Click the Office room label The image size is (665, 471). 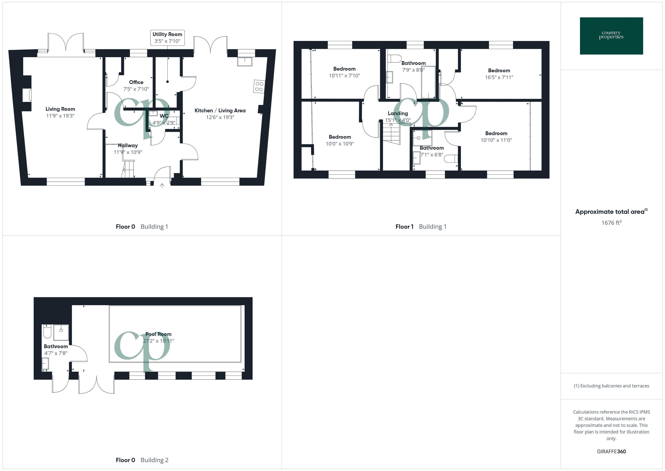136,82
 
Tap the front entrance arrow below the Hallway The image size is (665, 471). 162,186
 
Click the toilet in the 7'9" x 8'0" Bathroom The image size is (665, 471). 395,59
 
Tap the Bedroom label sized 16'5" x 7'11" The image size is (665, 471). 499,70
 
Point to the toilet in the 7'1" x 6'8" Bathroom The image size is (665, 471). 451,159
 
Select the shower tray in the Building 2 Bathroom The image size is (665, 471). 61,332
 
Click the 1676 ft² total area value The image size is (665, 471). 611,223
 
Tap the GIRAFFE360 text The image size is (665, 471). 611,451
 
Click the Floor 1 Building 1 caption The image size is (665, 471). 421,226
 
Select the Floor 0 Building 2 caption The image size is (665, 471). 142,460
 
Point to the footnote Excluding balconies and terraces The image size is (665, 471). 611,386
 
